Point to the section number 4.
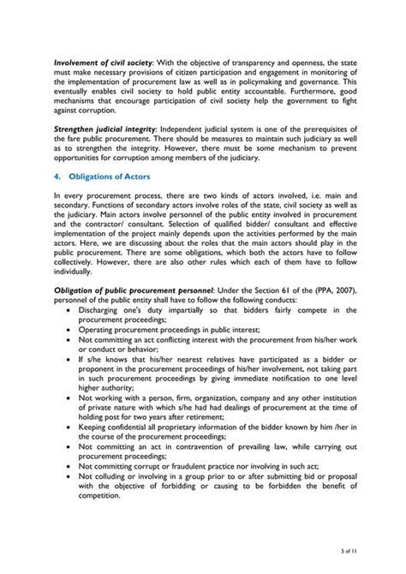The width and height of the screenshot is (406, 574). pos(57,176)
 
